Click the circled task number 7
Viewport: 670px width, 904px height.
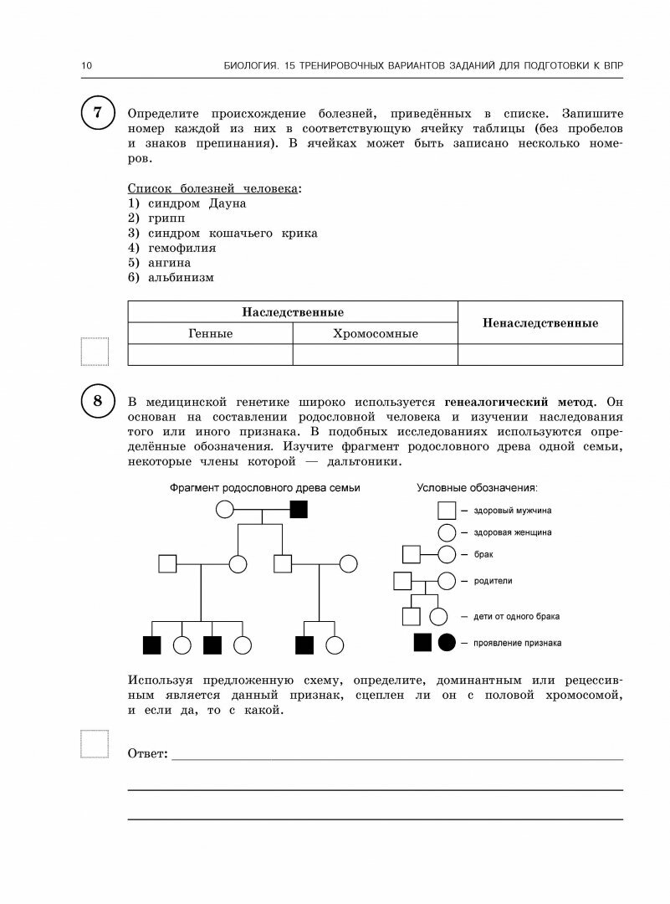click(x=98, y=113)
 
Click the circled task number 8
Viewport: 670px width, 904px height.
click(x=98, y=401)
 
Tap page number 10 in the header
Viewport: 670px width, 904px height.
click(x=86, y=66)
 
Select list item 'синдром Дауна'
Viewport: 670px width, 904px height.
click(x=197, y=203)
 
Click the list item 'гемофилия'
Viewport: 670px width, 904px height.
click(x=182, y=248)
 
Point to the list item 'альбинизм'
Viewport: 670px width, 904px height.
click(x=181, y=278)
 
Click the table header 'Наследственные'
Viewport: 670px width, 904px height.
click(x=293, y=312)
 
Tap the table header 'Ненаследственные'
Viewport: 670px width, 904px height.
click(x=540, y=323)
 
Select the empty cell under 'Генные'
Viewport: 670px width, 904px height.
click(x=210, y=355)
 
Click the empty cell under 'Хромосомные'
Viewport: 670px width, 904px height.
click(x=375, y=355)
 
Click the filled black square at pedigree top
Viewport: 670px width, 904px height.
click(x=299, y=509)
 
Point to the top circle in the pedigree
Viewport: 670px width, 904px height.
click(x=225, y=509)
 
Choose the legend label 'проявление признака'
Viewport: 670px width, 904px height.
click(x=517, y=643)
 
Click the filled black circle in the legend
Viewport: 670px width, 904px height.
click(x=448, y=642)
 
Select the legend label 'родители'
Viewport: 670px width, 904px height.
click(x=493, y=580)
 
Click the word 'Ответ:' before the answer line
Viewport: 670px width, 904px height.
click(x=148, y=754)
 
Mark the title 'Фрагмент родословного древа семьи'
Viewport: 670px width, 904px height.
click(x=265, y=488)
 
